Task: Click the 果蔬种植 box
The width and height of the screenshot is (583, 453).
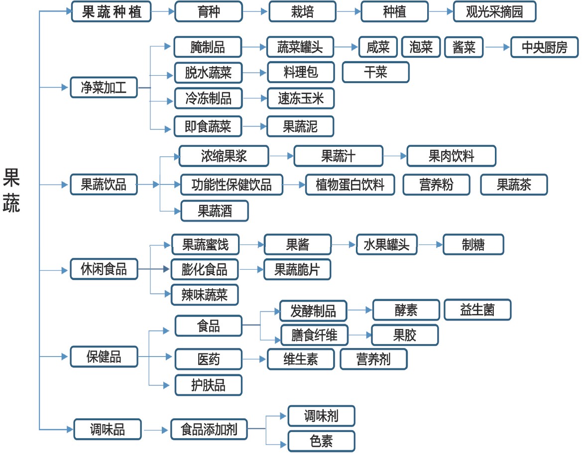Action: [111, 11]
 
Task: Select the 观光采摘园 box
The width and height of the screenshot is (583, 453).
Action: [494, 11]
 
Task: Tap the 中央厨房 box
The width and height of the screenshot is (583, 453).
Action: [544, 47]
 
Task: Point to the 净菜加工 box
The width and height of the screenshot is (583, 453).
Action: [104, 87]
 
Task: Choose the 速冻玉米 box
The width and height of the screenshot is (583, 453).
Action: [300, 99]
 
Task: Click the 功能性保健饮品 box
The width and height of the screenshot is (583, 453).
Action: [232, 185]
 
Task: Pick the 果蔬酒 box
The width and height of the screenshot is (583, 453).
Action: [215, 211]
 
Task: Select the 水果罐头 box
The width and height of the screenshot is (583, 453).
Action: [387, 244]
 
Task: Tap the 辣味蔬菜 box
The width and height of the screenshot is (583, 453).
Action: [205, 295]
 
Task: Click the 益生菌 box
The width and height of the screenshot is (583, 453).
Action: [477, 310]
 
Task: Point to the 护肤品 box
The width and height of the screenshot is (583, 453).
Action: [208, 385]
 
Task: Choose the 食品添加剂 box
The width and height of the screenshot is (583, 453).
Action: [209, 429]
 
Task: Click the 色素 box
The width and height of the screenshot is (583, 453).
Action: [321, 441]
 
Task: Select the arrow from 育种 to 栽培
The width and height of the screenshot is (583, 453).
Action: [255, 11]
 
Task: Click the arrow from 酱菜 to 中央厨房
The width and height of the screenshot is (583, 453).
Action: [497, 47]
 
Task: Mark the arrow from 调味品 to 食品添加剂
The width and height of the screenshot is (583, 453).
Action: [156, 430]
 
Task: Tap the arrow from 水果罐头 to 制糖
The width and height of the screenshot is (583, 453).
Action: [430, 244]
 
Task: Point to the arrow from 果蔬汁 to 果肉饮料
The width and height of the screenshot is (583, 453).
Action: [395, 156]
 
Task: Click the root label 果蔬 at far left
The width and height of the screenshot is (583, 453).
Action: [11, 190]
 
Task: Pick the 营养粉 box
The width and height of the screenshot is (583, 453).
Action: [437, 185]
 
